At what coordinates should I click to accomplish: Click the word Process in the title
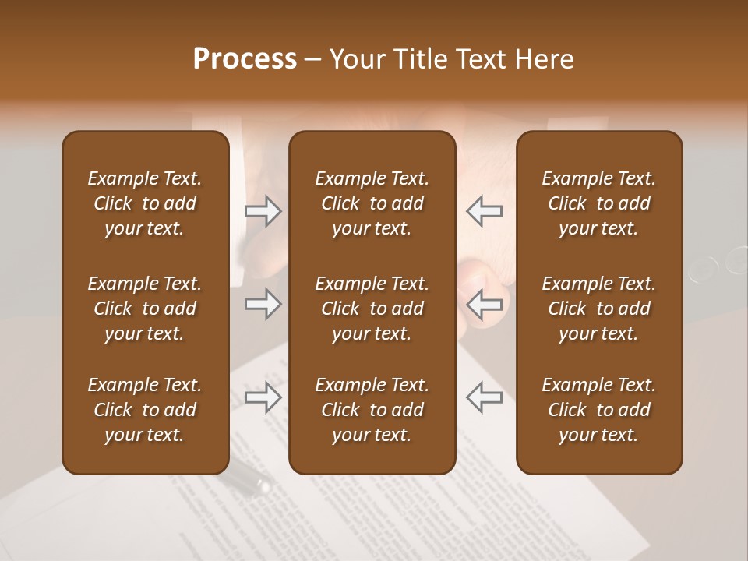245,59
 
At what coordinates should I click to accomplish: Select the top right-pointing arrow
263,211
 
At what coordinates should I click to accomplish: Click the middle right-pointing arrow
263,304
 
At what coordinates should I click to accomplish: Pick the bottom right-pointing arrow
263,397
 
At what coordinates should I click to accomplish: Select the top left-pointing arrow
484,211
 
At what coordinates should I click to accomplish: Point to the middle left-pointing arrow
484,304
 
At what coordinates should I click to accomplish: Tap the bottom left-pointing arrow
484,397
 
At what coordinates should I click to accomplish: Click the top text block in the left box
145,203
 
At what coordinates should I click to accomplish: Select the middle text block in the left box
145,309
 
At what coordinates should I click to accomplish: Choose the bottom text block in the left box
145,410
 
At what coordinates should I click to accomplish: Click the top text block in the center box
372,203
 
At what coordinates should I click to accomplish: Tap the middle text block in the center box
372,309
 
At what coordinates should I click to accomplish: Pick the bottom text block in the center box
372,410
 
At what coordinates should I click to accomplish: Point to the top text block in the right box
598,203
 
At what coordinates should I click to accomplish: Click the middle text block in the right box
598,309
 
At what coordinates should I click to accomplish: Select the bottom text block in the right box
598,410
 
